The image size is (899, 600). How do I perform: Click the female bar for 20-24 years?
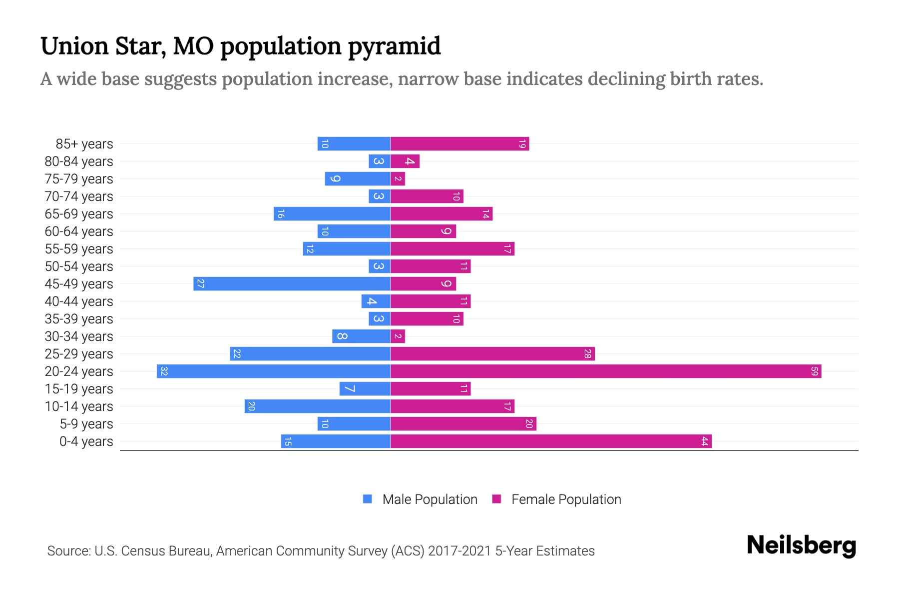[605, 371]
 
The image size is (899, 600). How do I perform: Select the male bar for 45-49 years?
[292, 284]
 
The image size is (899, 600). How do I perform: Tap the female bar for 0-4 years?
[550, 441]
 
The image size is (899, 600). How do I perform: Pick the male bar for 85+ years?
[354, 144]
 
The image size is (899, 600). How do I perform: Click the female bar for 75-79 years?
[398, 179]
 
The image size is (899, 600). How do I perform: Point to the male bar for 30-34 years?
[361, 336]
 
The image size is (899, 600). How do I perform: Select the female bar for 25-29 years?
[492, 354]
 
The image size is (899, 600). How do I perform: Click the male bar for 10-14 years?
[317, 406]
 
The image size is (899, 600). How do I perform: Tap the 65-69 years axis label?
[79, 214]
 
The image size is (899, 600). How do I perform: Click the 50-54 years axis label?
[79, 266]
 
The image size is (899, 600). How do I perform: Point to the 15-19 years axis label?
[79, 389]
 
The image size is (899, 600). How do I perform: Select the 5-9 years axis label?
[86, 424]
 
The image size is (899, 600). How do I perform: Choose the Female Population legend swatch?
[496, 499]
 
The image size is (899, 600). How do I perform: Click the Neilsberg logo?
[801, 545]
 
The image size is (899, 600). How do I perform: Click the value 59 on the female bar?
[814, 371]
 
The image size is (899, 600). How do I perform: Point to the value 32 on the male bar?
[164, 371]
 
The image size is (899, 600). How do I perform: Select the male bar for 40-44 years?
[376, 301]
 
